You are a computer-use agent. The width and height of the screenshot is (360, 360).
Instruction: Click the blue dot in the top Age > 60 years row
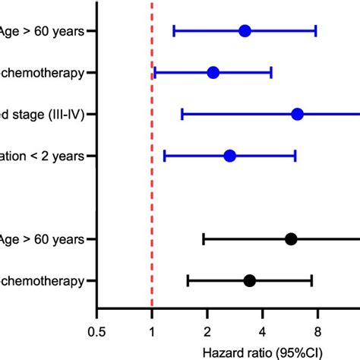[245, 31]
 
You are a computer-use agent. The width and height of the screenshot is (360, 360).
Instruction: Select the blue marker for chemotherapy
[213, 73]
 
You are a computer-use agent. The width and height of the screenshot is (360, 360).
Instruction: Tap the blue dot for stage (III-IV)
[297, 115]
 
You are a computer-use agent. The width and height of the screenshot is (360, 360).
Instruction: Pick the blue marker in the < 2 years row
[229, 156]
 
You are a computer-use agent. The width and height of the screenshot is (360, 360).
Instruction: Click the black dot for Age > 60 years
[290, 239]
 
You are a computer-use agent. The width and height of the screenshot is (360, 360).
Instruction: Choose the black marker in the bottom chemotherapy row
[249, 281]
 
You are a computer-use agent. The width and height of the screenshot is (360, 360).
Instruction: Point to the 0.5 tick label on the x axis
[96, 331]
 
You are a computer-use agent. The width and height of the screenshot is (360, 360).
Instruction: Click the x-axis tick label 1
[152, 331]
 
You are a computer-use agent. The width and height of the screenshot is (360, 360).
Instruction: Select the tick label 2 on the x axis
[207, 331]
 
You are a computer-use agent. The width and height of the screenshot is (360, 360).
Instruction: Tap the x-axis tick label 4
[262, 331]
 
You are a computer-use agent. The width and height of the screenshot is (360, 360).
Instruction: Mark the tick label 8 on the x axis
[317, 331]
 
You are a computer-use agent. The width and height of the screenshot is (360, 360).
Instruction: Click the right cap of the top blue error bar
[315, 31]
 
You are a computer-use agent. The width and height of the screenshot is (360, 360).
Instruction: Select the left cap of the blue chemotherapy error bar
[155, 73]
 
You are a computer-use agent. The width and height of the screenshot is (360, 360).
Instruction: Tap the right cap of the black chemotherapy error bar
[311, 281]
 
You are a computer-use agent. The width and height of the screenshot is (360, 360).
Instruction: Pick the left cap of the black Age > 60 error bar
[204, 239]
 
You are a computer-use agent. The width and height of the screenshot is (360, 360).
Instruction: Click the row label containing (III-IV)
[46, 115]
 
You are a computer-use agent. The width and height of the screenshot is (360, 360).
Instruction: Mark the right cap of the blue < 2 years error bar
[295, 156]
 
